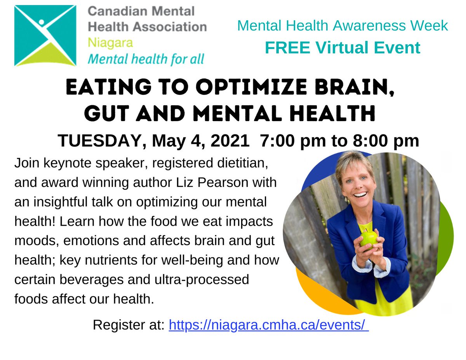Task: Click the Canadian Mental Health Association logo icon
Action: tap(45, 35)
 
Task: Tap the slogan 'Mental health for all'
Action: tap(146, 59)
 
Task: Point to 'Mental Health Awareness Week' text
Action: tap(343, 26)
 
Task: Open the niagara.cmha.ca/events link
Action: tap(268, 325)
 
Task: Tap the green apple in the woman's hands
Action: tap(369, 238)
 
